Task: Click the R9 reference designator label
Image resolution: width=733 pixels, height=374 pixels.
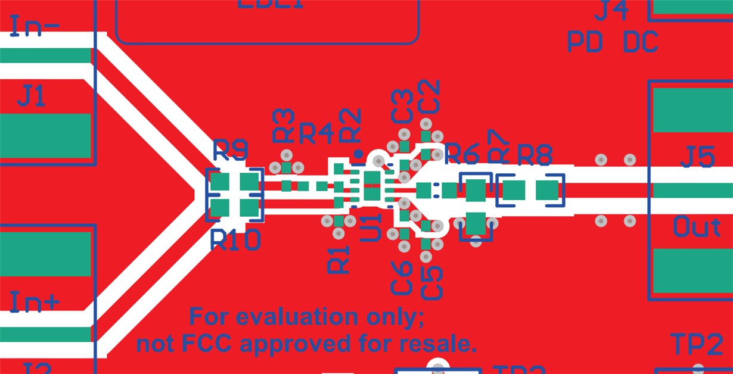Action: (x=231, y=152)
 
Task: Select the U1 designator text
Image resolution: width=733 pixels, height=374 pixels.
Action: (x=372, y=227)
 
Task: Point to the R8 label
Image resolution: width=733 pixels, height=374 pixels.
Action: (x=535, y=155)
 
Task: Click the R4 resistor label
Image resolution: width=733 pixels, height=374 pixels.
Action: (x=316, y=134)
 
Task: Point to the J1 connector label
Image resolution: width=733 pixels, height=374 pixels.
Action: (x=31, y=96)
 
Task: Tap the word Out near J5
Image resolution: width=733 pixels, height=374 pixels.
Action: (x=697, y=227)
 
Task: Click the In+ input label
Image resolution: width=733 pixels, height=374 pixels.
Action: (x=35, y=303)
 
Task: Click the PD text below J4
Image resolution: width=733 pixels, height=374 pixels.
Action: (x=585, y=42)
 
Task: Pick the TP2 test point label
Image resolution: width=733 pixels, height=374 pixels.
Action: (x=697, y=345)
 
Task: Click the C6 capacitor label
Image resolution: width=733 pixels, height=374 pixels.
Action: (x=402, y=278)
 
